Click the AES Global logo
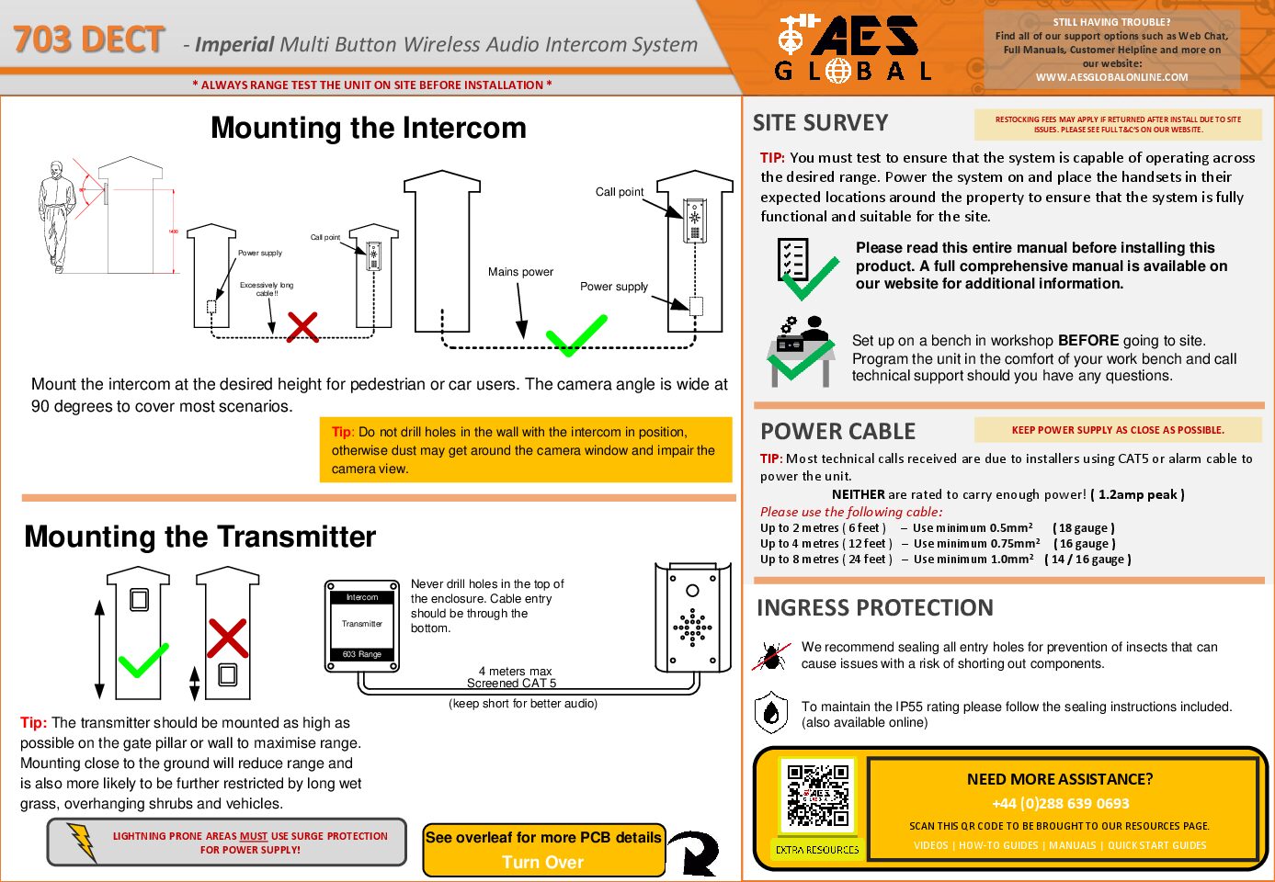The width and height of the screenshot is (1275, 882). (x=852, y=48)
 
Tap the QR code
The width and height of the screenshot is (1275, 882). (x=817, y=796)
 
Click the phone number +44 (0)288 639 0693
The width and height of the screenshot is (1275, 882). (x=1060, y=803)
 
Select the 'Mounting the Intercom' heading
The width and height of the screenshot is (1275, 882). (x=369, y=128)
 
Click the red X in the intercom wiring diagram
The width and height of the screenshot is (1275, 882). (x=302, y=326)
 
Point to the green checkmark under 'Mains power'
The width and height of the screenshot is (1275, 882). (x=576, y=335)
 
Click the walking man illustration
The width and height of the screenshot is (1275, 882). (x=57, y=217)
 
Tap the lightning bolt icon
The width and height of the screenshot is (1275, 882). (x=83, y=842)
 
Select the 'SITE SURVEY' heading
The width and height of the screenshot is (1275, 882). (x=820, y=123)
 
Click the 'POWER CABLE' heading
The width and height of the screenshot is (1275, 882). (x=837, y=431)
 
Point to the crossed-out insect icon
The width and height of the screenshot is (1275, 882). (x=771, y=655)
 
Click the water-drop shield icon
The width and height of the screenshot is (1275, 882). (x=771, y=713)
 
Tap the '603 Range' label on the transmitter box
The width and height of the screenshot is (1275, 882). (x=362, y=654)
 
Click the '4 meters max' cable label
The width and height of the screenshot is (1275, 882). (x=515, y=671)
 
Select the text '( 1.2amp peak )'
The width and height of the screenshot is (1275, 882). (x=1137, y=494)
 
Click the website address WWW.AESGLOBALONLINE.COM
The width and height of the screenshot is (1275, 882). (x=1111, y=77)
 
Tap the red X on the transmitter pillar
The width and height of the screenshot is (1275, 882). (x=227, y=638)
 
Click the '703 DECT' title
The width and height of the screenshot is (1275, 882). (x=89, y=40)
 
